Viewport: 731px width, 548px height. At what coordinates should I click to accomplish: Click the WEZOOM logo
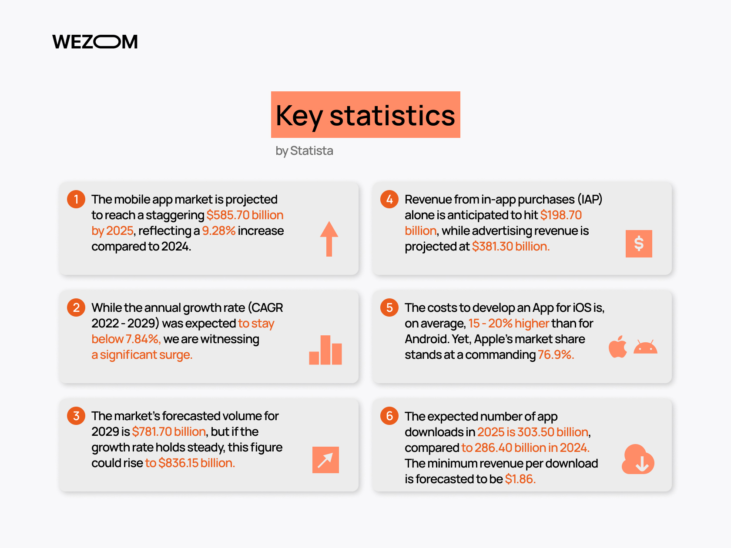tap(95, 42)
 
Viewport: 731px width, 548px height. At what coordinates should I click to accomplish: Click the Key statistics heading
tap(365, 115)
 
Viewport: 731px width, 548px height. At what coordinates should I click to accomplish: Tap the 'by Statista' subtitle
tap(304, 151)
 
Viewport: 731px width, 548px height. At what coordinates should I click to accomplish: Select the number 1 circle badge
tap(76, 199)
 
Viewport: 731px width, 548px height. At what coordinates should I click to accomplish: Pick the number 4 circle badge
tap(389, 199)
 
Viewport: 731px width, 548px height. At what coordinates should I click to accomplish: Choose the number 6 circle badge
tap(389, 416)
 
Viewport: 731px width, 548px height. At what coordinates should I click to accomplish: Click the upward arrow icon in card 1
tap(329, 239)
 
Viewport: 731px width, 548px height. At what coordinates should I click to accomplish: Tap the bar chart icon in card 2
tap(325, 350)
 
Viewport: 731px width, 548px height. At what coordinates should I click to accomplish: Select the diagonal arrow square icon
tap(325, 460)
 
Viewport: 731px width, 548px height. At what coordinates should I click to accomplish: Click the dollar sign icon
tap(639, 244)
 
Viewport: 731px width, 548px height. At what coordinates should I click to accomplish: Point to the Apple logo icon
tap(618, 347)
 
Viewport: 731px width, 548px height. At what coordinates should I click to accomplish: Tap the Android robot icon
tap(645, 347)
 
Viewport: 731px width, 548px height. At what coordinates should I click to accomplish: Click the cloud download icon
tap(638, 459)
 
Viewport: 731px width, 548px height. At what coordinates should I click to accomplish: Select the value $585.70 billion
tap(245, 215)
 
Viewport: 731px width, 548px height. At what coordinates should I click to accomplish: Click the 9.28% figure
tap(219, 231)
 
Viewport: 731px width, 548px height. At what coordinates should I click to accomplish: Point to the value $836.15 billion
tap(197, 463)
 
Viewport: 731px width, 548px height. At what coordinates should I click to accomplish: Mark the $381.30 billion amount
tap(510, 246)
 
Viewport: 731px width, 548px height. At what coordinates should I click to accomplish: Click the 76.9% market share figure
tap(556, 355)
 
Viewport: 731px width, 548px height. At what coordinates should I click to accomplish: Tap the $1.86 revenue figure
tap(520, 479)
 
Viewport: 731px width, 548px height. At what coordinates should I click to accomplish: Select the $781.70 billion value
tap(169, 431)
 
